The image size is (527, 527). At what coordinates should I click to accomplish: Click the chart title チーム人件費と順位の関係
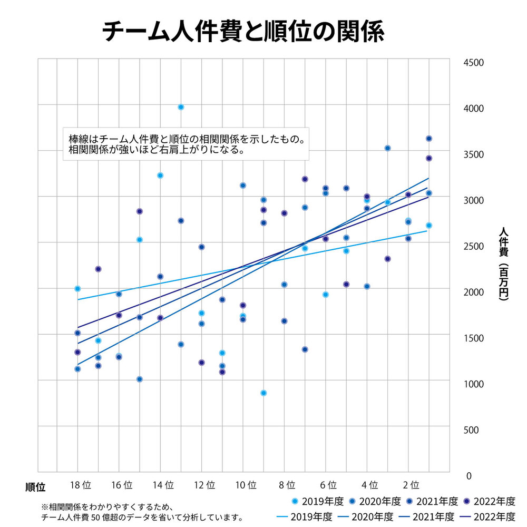(243, 32)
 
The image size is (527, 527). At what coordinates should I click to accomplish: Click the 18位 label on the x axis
(81, 484)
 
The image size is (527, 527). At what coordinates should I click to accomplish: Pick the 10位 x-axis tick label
(246, 484)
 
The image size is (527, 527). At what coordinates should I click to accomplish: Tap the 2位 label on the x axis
(411, 484)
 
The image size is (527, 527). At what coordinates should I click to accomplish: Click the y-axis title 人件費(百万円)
(503, 263)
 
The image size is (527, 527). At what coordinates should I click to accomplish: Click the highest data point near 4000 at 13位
(181, 107)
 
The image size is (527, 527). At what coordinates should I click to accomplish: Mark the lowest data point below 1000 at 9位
(263, 393)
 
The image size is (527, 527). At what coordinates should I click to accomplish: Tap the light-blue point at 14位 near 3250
(160, 175)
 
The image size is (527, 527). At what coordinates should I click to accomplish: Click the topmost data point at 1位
(429, 139)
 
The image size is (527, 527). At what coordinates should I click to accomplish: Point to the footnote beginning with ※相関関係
(142, 512)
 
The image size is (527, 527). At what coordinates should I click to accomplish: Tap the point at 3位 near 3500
(387, 148)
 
